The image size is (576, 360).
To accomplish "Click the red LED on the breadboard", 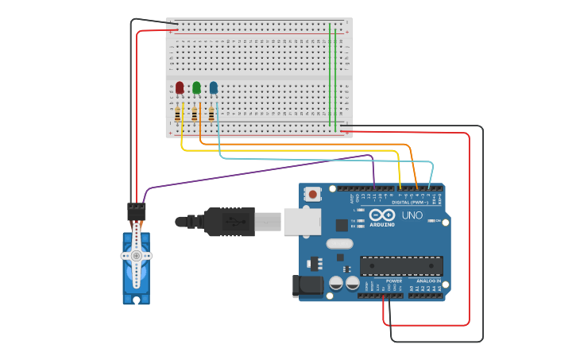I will [180, 87].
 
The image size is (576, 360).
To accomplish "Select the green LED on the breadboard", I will [196, 87].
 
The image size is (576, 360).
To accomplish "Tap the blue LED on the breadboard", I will [213, 87].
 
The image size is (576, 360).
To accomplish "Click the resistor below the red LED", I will [177, 114].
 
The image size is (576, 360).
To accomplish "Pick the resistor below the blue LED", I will [211, 114].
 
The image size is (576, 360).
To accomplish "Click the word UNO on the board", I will [412, 215].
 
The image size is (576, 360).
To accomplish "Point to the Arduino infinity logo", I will [382, 215].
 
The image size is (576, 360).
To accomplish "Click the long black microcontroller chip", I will [401, 265].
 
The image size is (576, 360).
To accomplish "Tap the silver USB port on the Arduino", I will [302, 223].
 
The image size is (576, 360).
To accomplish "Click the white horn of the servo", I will [137, 255].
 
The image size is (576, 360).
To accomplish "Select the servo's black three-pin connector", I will [137, 211].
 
